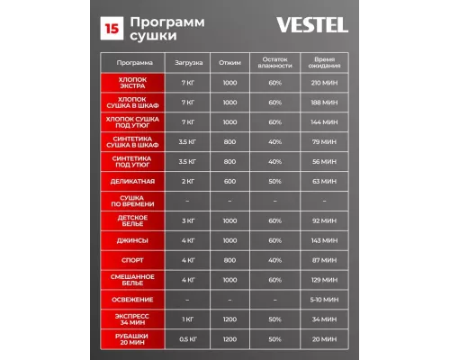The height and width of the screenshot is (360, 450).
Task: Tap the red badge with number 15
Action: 112,28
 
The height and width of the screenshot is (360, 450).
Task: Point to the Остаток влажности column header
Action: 274,63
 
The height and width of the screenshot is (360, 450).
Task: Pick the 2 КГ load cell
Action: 188,181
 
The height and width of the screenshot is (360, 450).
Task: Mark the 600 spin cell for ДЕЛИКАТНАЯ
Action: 229,181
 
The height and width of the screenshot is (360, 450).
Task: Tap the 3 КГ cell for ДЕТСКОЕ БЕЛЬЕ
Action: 188,220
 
